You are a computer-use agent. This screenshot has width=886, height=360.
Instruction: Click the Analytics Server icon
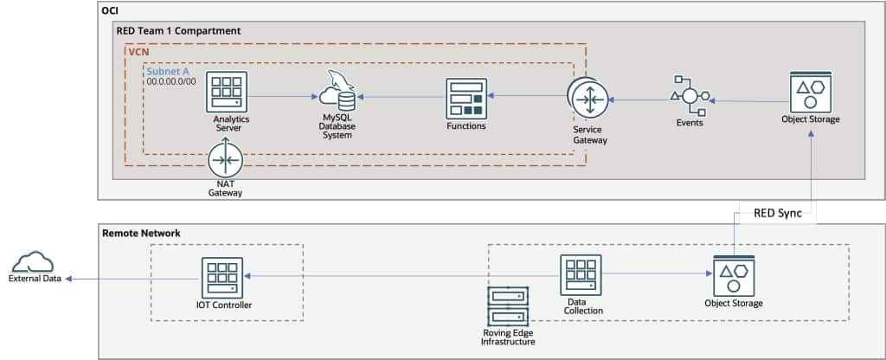(227, 92)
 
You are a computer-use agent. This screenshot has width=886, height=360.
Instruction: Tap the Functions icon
(465, 98)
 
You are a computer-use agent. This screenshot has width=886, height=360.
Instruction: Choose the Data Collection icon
(580, 275)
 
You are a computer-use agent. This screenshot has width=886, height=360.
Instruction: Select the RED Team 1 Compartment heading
(178, 31)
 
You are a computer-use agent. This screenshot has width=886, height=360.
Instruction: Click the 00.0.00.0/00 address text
(171, 80)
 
